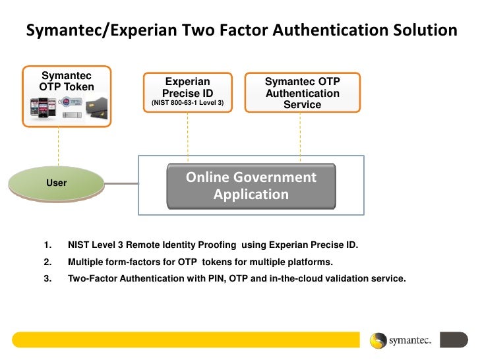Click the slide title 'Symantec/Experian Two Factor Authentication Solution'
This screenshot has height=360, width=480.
[241, 30]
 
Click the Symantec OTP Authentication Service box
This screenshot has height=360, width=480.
[302, 92]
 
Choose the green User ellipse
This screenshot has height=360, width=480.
[57, 182]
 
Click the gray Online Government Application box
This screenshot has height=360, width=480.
[251, 186]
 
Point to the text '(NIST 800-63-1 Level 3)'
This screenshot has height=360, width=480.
[187, 104]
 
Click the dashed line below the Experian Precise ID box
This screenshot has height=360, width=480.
[188, 135]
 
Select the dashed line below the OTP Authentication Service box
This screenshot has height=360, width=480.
[301, 135]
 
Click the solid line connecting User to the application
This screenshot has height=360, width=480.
[121, 183]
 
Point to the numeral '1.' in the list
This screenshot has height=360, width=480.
[47, 245]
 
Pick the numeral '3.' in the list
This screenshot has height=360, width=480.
[47, 278]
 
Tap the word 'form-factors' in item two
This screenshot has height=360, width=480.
[128, 262]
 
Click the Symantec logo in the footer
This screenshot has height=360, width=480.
[400, 340]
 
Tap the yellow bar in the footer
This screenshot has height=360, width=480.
[185, 340]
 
